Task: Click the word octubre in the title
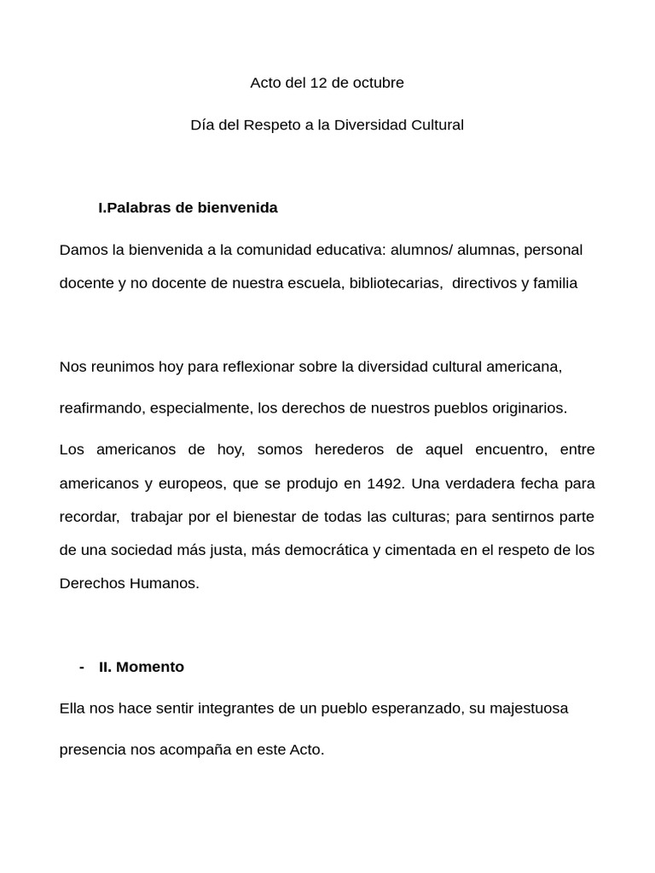[x=376, y=83]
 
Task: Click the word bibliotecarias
[x=395, y=283]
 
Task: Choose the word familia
[x=555, y=283]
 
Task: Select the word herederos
[x=349, y=449]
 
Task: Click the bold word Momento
[x=150, y=667]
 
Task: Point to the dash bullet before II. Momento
[x=81, y=667]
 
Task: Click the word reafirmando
[x=101, y=408]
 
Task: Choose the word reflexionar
[x=246, y=367]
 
